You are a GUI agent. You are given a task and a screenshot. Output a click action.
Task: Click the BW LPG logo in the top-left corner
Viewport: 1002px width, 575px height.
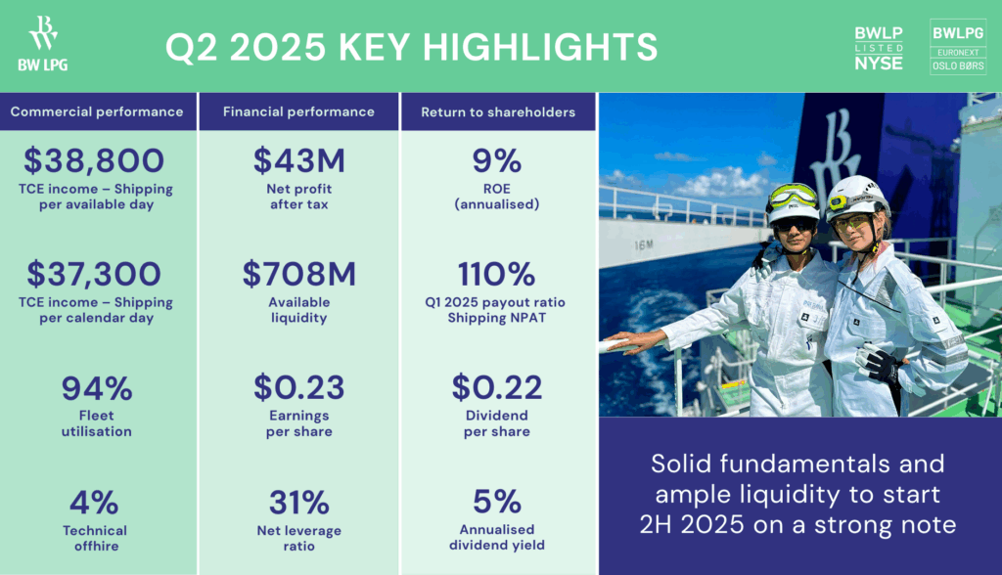43,43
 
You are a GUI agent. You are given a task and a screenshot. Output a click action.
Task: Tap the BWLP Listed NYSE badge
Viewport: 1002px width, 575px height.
879,48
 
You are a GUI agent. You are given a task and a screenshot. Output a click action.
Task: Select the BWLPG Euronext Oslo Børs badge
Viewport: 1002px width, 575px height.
958,47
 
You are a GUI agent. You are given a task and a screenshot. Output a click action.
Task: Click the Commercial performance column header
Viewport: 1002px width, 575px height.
97,111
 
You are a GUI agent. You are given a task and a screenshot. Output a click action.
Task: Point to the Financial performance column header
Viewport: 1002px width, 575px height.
299,111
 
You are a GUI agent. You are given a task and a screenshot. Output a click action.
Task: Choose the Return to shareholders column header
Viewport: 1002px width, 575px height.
498,111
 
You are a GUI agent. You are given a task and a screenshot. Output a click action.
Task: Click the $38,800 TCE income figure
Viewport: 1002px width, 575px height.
95,160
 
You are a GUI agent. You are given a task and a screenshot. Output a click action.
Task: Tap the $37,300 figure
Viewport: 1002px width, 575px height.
95,274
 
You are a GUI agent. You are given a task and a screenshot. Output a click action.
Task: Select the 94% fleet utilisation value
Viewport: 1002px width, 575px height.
97,388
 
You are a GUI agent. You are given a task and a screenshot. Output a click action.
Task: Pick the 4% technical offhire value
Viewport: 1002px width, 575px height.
95,503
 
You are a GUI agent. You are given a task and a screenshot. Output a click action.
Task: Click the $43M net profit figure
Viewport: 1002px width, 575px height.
299,160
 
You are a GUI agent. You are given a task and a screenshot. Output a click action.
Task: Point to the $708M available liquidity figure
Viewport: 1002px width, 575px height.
299,274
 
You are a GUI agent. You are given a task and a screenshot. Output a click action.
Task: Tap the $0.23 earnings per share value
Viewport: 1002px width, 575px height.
299,388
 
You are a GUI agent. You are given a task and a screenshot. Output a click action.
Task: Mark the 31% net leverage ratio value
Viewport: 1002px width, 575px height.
299,503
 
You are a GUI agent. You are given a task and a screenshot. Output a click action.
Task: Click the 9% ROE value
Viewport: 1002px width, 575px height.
497,160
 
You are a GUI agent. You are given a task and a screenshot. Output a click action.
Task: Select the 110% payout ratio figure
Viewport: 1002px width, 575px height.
497,274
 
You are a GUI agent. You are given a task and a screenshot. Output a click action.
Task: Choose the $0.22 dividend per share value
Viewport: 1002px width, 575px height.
497,388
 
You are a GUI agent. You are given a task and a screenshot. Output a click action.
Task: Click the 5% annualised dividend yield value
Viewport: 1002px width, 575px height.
497,502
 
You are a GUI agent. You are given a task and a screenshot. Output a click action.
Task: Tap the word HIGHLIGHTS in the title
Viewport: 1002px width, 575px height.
540,47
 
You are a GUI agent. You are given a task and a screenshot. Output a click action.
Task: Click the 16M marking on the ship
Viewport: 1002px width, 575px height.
644,244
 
